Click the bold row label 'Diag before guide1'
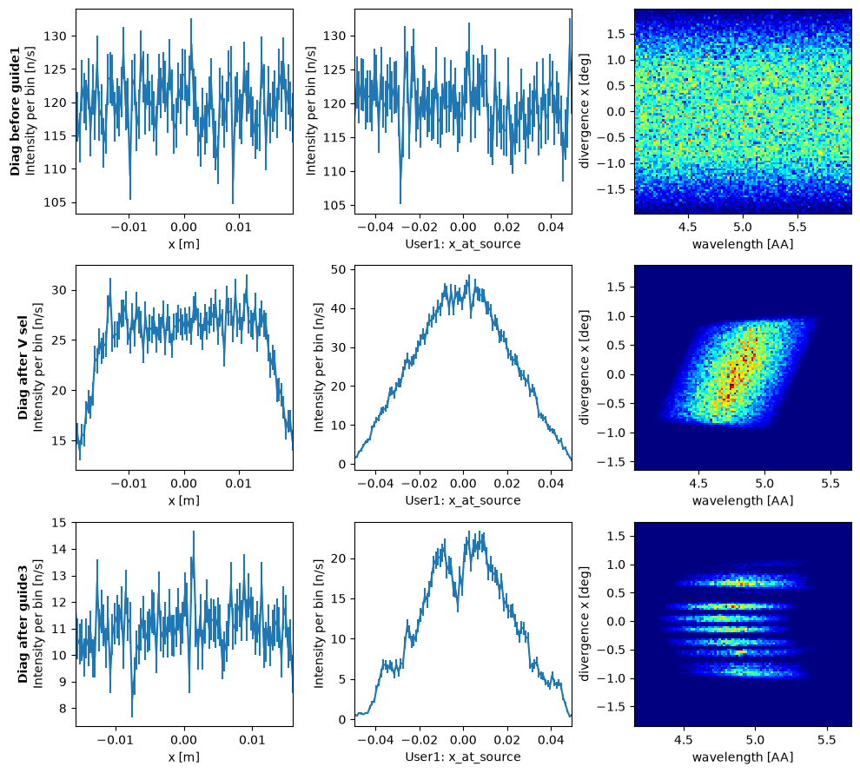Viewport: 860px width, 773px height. click(15, 111)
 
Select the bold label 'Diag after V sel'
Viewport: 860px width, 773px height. click(23, 367)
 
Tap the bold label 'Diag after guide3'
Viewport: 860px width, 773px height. click(23, 624)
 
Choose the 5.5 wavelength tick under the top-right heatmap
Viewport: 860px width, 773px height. click(798, 227)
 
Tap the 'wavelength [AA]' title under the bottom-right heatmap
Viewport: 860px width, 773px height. click(743, 757)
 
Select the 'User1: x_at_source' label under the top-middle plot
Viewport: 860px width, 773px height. click(463, 243)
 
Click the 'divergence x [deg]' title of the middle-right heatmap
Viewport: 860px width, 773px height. click(584, 367)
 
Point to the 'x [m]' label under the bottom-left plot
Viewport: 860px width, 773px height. click(184, 757)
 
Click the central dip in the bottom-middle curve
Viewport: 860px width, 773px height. click(458, 611)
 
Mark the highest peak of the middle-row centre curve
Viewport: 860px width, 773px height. click(469, 275)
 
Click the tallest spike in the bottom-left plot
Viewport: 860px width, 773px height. click(194, 532)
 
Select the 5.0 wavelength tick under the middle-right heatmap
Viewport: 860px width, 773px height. click(764, 484)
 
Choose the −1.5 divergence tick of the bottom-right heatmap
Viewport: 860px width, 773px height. click(614, 707)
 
